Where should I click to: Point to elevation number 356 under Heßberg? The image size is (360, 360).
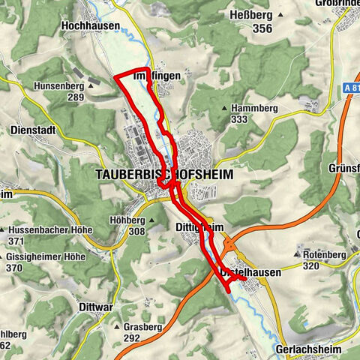(262, 29)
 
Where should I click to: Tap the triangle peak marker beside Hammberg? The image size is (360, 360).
(224, 109)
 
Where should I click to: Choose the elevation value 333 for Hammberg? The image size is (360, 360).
(240, 119)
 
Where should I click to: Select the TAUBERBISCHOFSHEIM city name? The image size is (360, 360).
(164, 174)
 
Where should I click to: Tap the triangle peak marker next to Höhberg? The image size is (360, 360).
(151, 220)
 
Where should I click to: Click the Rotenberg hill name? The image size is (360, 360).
(322, 254)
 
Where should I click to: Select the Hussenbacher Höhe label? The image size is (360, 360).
(49, 229)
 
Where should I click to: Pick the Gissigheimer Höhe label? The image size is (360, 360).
(48, 256)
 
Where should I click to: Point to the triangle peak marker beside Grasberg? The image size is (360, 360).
(116, 328)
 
